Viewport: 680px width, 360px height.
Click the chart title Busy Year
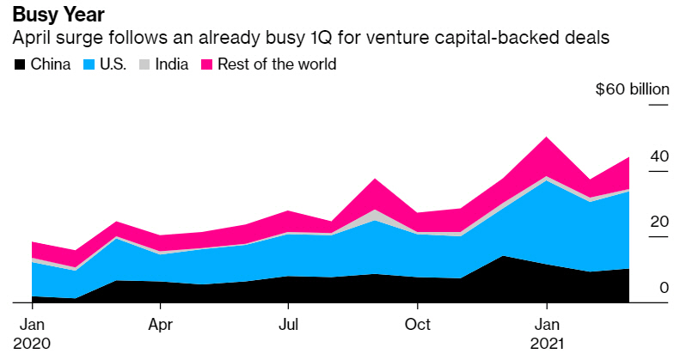pyautogui.click(x=58, y=15)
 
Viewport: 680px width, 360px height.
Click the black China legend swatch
pyautogui.click(x=19, y=64)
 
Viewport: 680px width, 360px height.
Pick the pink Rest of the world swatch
pyautogui.click(x=207, y=64)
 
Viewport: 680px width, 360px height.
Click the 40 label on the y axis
pyautogui.click(x=659, y=156)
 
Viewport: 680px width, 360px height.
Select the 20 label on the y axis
pyautogui.click(x=659, y=222)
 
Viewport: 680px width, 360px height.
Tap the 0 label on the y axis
pyautogui.click(x=664, y=288)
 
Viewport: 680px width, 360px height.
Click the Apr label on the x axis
pyautogui.click(x=160, y=326)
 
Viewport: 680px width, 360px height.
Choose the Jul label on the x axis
pyautogui.click(x=288, y=326)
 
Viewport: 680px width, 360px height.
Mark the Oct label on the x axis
pyautogui.click(x=417, y=326)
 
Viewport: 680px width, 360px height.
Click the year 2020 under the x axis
pyautogui.click(x=33, y=343)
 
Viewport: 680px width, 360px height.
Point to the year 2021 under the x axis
pyautogui.click(x=548, y=343)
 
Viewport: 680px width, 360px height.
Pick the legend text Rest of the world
pyautogui.click(x=278, y=64)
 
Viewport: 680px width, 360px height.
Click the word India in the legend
pyautogui.click(x=172, y=64)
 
